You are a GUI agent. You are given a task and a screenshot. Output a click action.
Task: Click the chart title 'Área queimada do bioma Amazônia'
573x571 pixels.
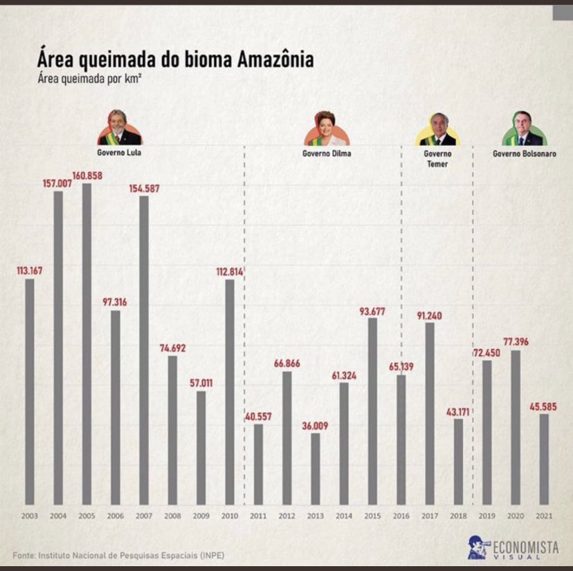175,59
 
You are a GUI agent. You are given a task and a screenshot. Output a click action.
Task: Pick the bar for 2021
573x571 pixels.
544,459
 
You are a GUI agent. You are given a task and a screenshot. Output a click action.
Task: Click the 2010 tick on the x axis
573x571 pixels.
230,516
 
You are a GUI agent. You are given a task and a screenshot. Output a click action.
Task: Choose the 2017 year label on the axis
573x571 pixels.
430,516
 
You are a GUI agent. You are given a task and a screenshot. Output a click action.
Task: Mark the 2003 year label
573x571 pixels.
30,516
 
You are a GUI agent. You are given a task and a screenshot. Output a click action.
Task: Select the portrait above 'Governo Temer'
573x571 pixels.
437,129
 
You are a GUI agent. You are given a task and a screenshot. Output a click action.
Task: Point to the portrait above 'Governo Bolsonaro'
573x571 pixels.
524,129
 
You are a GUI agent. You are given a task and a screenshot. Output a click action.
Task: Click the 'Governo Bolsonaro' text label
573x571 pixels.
524,153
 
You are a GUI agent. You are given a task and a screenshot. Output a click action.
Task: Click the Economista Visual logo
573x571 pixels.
512,547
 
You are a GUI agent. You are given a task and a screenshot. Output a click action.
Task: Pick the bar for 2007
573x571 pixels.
144,350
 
